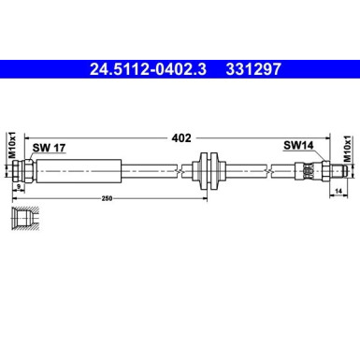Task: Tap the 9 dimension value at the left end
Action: click(18, 186)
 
